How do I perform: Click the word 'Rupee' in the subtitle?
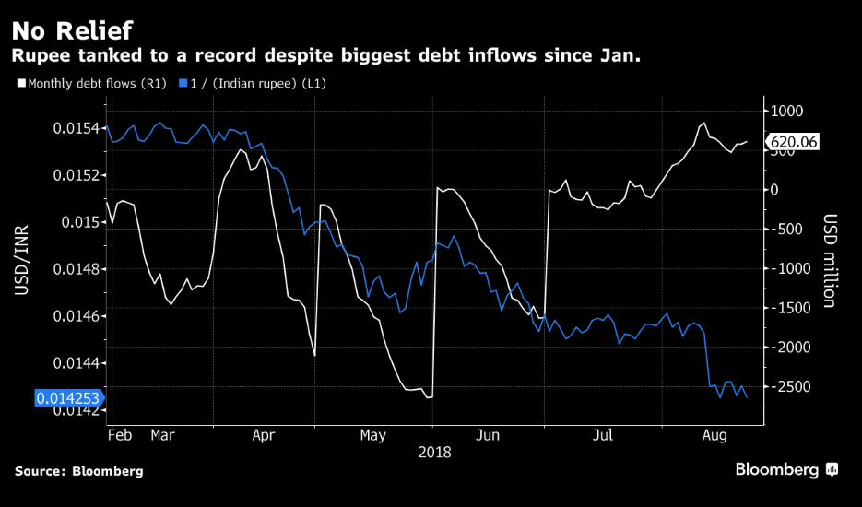(37, 56)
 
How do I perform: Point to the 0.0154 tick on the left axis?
(78, 127)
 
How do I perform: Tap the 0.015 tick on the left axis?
(82, 222)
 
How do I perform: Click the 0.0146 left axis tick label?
(78, 316)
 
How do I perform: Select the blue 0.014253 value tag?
(69, 398)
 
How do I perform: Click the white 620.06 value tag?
(792, 142)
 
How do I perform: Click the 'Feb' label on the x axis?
(119, 433)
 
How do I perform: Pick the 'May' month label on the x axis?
(372, 433)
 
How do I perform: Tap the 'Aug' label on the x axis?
(714, 433)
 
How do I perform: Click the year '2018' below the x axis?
(433, 452)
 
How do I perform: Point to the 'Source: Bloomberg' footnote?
(78, 471)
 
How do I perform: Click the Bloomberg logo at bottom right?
(785, 470)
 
